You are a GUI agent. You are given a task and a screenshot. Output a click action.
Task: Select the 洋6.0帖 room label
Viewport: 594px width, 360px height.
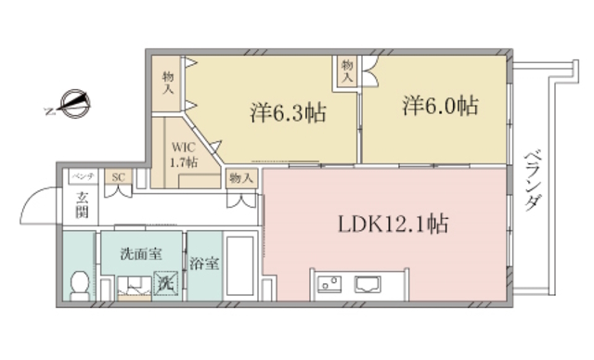[x=441, y=107]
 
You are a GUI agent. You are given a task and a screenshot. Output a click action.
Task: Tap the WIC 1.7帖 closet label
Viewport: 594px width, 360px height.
[x=183, y=154]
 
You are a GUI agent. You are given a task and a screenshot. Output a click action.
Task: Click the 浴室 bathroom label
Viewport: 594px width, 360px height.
[x=204, y=263]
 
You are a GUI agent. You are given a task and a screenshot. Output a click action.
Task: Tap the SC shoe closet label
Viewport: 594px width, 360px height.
[x=118, y=176]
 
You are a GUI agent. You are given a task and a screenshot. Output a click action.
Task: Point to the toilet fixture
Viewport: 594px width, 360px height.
[x=81, y=282]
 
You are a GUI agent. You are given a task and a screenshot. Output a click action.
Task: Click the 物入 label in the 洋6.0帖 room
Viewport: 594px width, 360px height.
[x=347, y=71]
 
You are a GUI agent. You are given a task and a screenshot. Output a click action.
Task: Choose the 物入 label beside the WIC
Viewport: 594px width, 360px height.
[x=239, y=177]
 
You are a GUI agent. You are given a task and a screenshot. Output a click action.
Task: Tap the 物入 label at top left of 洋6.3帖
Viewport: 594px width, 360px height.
[x=168, y=83]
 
